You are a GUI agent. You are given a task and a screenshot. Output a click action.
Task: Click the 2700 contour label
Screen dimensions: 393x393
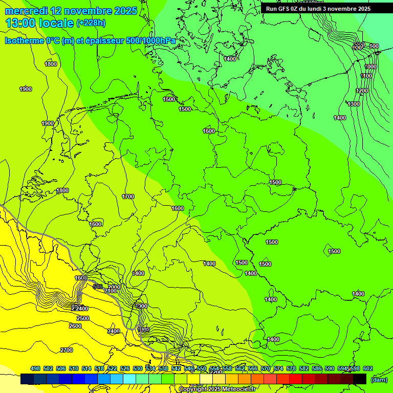coord(67,350)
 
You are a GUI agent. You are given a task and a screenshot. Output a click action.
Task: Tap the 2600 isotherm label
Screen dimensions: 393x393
coord(75,326)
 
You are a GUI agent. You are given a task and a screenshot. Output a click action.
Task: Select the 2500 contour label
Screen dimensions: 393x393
coord(83,318)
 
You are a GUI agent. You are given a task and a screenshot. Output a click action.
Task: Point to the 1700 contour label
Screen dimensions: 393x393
coord(128,196)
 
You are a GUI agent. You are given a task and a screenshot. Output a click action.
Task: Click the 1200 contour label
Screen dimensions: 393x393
coord(362,91)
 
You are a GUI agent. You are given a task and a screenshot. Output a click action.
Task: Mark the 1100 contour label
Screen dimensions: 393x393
coord(366,76)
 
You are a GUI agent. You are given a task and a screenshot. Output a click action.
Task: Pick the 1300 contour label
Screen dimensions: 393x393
coord(354,104)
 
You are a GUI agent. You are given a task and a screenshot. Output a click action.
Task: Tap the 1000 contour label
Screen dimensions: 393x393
coord(370,67)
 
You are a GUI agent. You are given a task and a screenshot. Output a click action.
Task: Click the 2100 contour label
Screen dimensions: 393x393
coord(111,291)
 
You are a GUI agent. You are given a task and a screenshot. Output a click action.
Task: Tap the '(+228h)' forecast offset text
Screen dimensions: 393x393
coord(91,23)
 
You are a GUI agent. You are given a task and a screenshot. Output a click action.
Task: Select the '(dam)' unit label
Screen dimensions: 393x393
coord(379,379)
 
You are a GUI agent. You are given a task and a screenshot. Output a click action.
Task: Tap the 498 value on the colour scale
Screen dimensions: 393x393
coord(35,368)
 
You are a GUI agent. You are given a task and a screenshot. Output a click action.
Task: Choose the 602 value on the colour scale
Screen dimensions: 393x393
coord(368,368)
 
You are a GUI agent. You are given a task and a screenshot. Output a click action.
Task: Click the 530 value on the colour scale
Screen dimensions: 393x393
coord(138,368)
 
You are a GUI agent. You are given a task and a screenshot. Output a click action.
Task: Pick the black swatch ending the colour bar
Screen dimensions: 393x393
coord(360,379)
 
